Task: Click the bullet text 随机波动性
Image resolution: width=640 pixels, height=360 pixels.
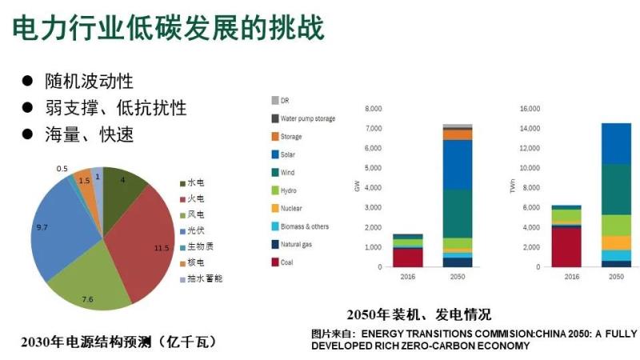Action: pyautogui.click(x=88, y=82)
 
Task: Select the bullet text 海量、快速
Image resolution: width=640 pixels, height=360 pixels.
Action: pyautogui.click(x=88, y=134)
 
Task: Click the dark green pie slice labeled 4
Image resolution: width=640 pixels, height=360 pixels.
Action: pyautogui.click(x=122, y=188)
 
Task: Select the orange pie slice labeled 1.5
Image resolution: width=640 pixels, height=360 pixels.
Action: pyautogui.click(x=85, y=182)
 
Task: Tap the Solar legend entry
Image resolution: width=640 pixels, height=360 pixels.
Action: pyautogui.click(x=290, y=154)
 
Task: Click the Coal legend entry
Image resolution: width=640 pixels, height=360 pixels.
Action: pyautogui.click(x=288, y=262)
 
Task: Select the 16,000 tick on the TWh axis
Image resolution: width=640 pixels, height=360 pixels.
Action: pyautogui.click(x=530, y=109)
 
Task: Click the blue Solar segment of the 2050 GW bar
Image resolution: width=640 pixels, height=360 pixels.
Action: pyautogui.click(x=458, y=164)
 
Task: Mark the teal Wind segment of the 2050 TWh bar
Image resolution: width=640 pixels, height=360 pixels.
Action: pyautogui.click(x=616, y=189)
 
